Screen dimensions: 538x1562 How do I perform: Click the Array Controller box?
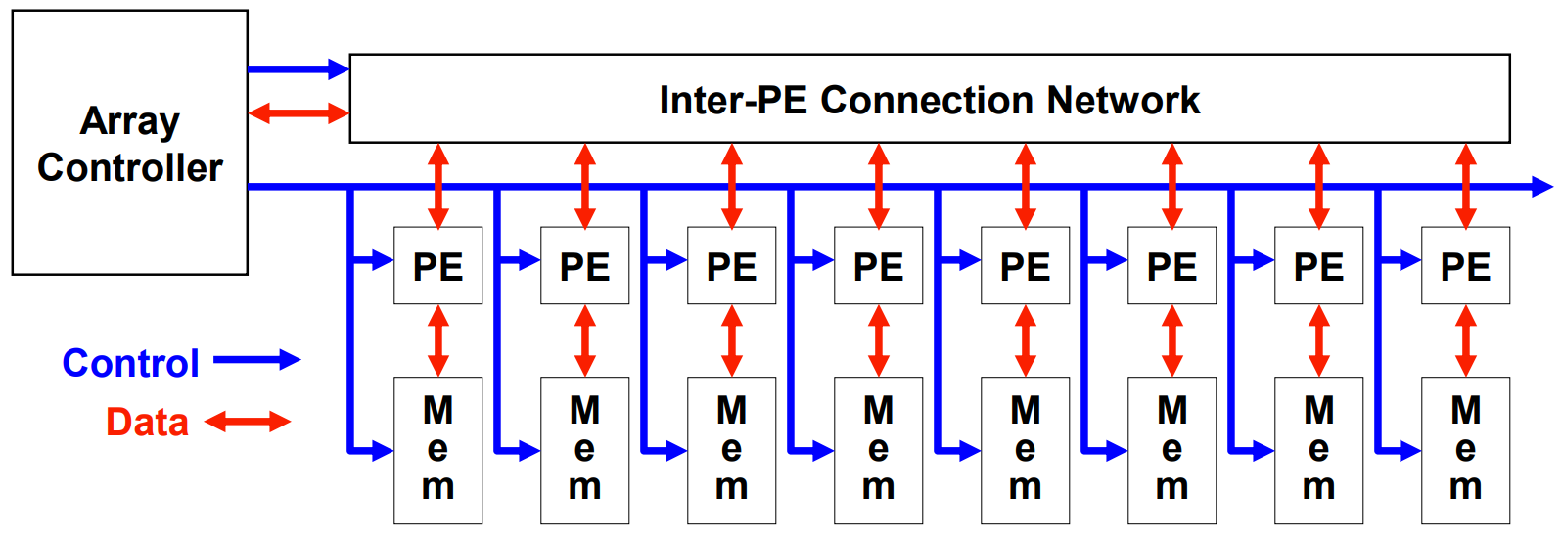129,143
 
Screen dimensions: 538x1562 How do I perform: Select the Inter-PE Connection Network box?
929,99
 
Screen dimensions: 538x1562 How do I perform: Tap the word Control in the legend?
130,363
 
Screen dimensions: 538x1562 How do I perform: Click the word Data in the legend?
147,423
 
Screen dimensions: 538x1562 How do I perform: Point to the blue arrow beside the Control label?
256,360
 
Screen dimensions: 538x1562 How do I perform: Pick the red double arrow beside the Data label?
248,422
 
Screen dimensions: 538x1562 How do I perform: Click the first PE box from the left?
437,266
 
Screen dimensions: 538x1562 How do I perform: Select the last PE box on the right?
1465,266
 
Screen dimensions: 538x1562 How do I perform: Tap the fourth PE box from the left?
878,266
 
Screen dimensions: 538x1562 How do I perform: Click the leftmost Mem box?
437,450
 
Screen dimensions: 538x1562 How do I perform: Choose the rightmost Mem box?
1465,450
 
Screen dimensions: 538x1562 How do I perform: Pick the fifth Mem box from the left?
1025,450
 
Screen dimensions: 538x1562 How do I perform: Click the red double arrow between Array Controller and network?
299,113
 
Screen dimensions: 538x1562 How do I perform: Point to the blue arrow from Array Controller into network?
299,68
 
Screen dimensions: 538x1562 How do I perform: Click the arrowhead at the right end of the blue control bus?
1541,186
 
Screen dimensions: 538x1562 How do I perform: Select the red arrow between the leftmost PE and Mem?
438,340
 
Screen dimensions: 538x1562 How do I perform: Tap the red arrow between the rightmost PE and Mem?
1466,340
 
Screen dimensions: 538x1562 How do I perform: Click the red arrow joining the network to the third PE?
732,186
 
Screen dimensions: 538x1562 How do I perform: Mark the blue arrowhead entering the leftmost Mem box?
383,451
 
